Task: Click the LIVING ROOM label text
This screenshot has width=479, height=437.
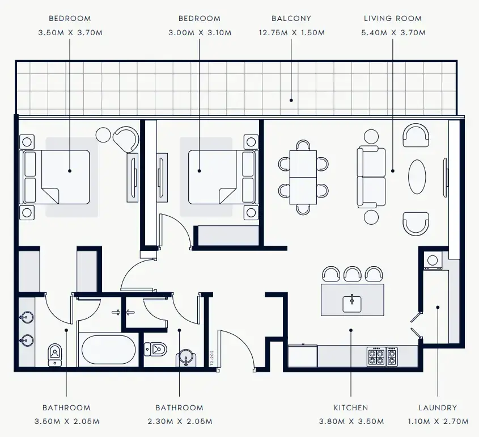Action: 393,19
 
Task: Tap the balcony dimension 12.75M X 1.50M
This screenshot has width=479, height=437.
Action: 291,33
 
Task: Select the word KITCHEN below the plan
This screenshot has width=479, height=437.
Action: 350,407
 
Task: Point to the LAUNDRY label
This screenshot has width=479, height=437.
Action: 438,407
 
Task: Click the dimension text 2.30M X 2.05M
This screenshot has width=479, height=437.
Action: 179,421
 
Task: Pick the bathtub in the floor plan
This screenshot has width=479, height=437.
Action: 109,350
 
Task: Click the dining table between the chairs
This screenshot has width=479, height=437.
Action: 303,177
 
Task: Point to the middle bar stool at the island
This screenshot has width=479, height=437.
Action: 353,275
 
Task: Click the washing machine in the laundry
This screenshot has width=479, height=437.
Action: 433,260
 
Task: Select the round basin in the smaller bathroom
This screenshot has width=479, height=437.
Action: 185,358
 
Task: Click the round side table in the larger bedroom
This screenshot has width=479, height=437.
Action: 103,135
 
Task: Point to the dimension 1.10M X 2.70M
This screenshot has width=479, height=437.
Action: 438,421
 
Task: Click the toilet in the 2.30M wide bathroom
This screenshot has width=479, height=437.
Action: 155,348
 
